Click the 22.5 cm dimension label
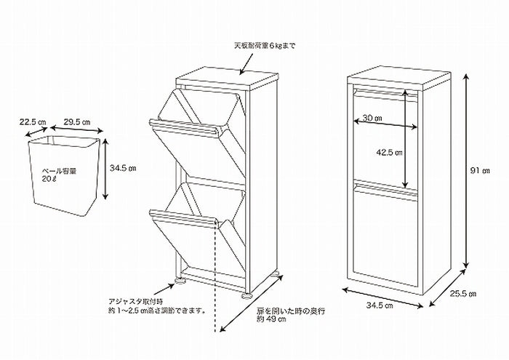coord(31,123)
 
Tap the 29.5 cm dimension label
coord(77,123)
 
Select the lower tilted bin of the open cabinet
coord(193,233)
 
